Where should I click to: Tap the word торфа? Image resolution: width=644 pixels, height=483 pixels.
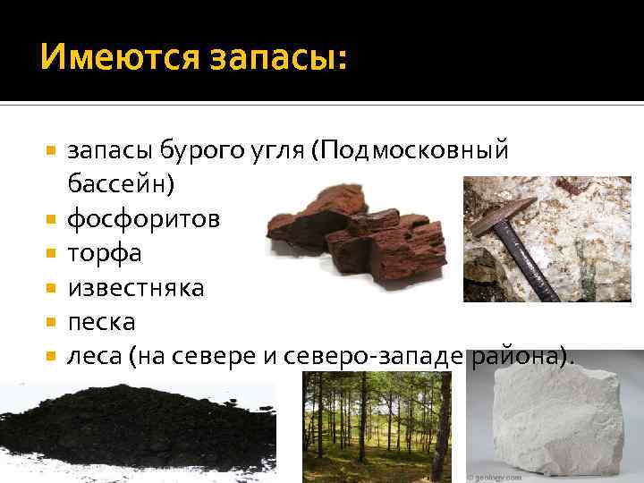(x=104, y=253)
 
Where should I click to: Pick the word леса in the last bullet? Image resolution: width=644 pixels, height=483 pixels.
(x=94, y=356)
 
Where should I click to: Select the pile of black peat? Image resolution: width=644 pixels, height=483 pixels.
(x=134, y=430)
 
